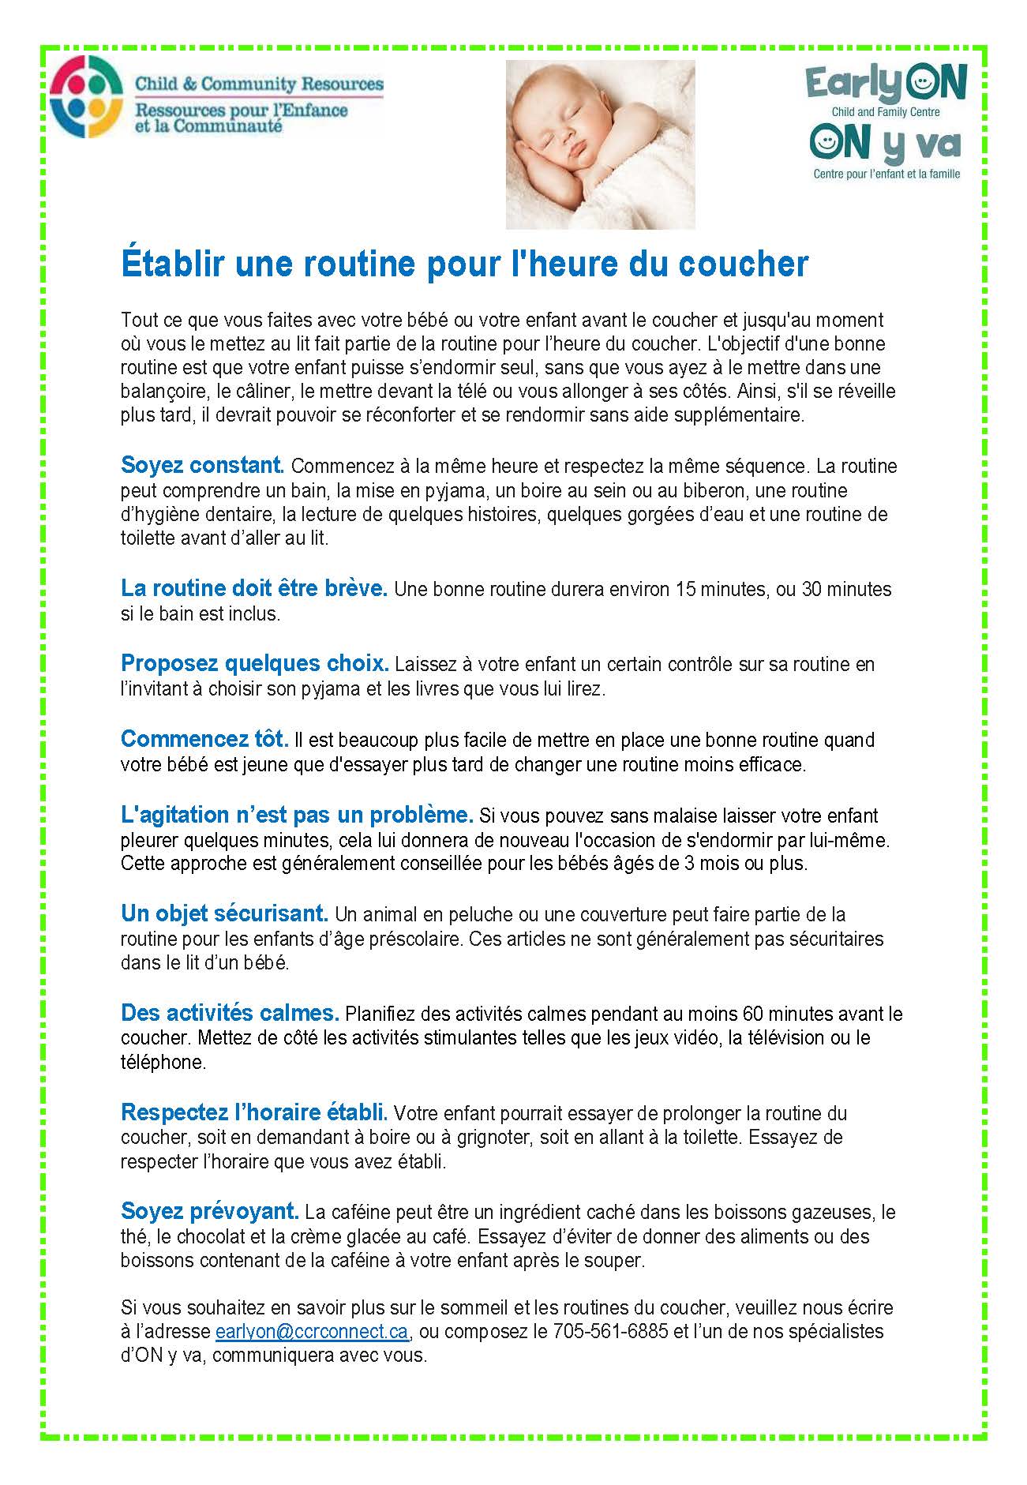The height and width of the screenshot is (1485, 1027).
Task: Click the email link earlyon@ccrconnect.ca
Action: [x=312, y=1331]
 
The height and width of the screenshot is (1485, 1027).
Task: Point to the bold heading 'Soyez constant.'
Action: [x=202, y=465]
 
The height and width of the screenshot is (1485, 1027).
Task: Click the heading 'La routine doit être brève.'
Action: [x=254, y=588]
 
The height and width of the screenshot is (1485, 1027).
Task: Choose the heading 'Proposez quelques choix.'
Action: [x=255, y=663]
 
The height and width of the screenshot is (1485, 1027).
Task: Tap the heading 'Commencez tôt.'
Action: [x=204, y=739]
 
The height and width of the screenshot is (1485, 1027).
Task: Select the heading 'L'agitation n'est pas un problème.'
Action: [x=297, y=814]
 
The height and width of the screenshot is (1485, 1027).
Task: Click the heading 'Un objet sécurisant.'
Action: [x=224, y=913]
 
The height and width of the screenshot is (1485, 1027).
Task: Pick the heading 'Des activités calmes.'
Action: [x=230, y=1012]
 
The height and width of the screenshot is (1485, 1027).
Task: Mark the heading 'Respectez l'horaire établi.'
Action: [x=254, y=1112]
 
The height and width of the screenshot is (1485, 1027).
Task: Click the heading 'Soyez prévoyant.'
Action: [x=210, y=1211]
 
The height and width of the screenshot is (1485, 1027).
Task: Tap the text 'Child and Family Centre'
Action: [x=886, y=112]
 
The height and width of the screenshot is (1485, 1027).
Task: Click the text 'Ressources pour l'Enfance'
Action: [x=242, y=109]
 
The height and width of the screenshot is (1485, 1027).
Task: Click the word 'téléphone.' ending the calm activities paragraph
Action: [x=163, y=1062]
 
